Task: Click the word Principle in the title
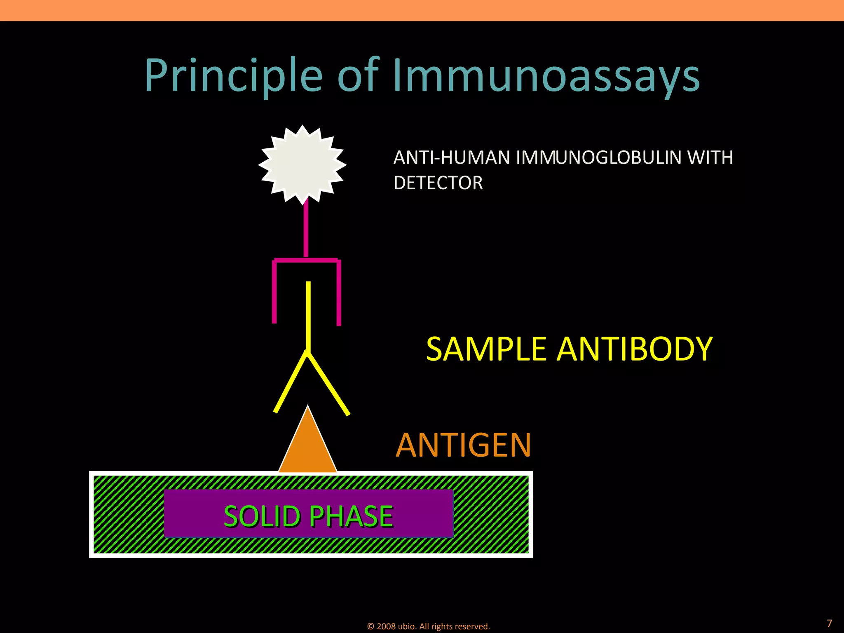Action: [233, 76]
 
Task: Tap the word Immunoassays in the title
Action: [546, 76]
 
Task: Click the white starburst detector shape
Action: [302, 164]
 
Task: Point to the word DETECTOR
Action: [438, 183]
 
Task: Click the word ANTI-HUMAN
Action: [451, 157]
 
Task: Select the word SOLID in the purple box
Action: [262, 516]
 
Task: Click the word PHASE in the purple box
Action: [351, 516]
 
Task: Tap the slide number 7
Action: [829, 623]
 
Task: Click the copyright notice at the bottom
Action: [428, 626]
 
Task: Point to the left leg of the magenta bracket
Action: [274, 293]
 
